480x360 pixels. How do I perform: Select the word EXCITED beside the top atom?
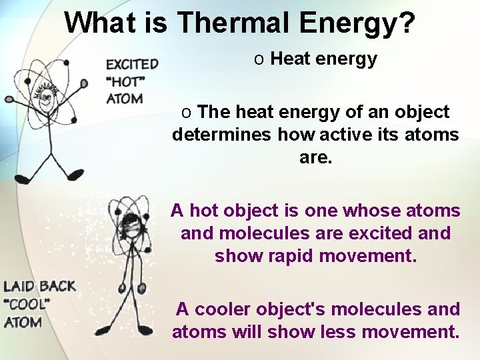(x=132, y=65)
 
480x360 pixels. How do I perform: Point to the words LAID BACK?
(x=40, y=287)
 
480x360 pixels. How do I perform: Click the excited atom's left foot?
(x=23, y=179)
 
